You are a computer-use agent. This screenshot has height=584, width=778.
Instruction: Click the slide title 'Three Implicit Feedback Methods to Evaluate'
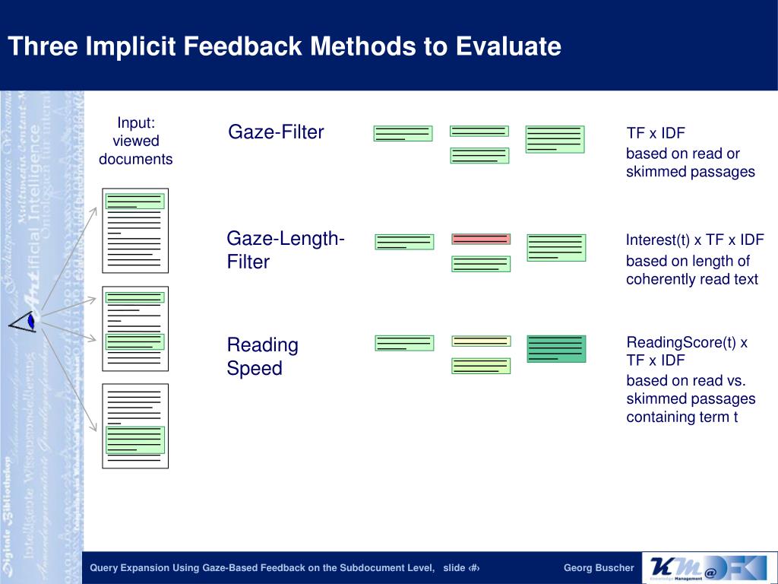[284, 46]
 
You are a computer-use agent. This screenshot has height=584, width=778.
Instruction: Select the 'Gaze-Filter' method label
[276, 132]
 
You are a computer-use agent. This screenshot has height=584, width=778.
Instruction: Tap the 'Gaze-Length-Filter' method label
[286, 250]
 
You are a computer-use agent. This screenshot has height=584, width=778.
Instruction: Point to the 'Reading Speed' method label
[262, 357]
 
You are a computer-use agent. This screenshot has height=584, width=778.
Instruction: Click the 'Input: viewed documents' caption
[136, 141]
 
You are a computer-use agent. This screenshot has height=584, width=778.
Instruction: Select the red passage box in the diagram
[481, 239]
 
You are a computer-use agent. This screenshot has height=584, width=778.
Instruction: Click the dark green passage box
[556, 348]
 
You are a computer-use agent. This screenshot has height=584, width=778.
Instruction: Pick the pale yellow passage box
[481, 341]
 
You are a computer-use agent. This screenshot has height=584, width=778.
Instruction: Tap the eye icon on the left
[24, 322]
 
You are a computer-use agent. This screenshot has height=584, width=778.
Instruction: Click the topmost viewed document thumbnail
[135, 230]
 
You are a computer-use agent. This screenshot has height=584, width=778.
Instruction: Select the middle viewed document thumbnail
[135, 328]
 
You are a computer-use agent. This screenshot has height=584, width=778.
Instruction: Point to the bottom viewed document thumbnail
[135, 426]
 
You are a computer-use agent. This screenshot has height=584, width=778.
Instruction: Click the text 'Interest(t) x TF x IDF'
[694, 240]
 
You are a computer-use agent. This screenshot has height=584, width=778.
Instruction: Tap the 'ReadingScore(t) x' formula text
[687, 342]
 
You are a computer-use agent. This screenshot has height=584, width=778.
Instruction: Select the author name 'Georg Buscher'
[598, 568]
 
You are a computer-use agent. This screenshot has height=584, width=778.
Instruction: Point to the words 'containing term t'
[682, 417]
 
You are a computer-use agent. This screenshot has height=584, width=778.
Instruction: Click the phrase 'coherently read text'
[691, 279]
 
